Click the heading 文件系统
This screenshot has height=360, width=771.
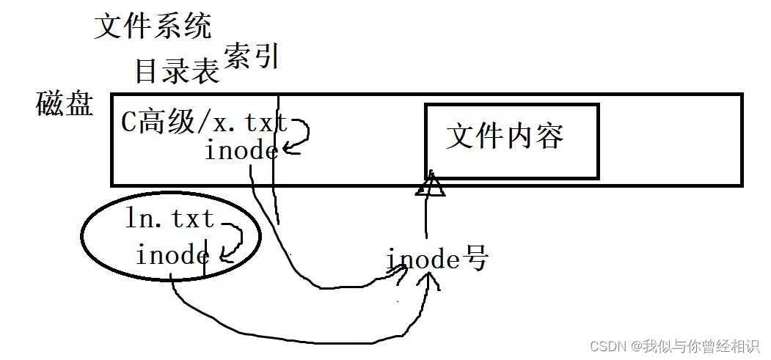(x=153, y=26)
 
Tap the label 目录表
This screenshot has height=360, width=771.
(x=177, y=71)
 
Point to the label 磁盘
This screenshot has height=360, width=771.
(x=65, y=105)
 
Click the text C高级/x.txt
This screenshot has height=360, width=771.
(x=204, y=122)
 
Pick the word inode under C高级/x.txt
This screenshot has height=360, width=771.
(x=241, y=151)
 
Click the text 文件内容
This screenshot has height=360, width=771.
(x=505, y=136)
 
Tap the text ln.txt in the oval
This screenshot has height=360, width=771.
(x=170, y=218)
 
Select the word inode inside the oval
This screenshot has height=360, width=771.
(x=172, y=255)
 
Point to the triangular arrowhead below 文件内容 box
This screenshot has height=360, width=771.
(x=430, y=185)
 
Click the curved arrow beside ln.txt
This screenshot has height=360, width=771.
(x=233, y=242)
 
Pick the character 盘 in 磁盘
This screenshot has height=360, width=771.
(x=79, y=105)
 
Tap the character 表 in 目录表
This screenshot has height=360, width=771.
(x=205, y=71)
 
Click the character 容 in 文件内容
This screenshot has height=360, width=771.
(x=549, y=136)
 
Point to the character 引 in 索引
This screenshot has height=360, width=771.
(x=268, y=56)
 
